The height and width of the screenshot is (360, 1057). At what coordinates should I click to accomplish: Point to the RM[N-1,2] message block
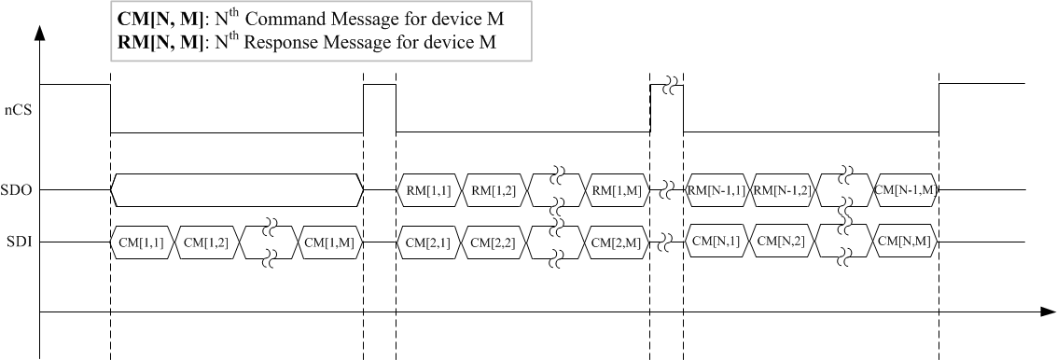(x=783, y=191)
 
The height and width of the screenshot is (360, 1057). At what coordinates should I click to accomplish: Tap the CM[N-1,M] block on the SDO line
(x=906, y=191)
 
